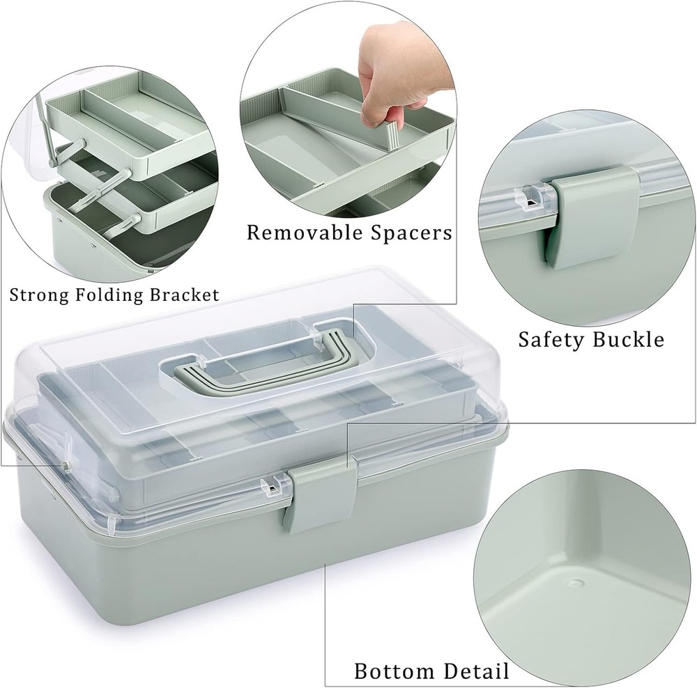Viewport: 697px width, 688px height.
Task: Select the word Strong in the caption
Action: click(33, 295)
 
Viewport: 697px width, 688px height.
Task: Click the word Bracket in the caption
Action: click(182, 295)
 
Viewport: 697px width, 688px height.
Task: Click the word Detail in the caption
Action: click(473, 671)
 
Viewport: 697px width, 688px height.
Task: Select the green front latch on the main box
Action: click(318, 494)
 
